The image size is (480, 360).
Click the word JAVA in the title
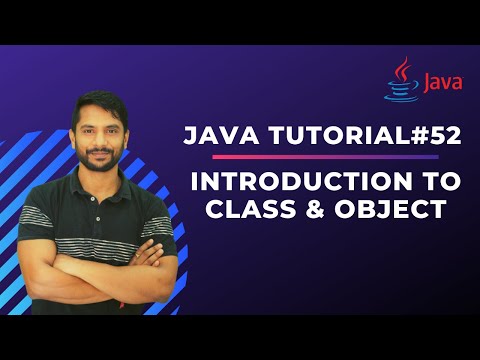click(217, 137)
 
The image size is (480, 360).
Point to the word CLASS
click(241, 213)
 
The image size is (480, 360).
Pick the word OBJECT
click(393, 213)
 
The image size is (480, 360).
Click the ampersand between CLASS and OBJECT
click(312, 213)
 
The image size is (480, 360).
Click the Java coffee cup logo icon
click(402, 84)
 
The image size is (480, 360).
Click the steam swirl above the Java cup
click(402, 68)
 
